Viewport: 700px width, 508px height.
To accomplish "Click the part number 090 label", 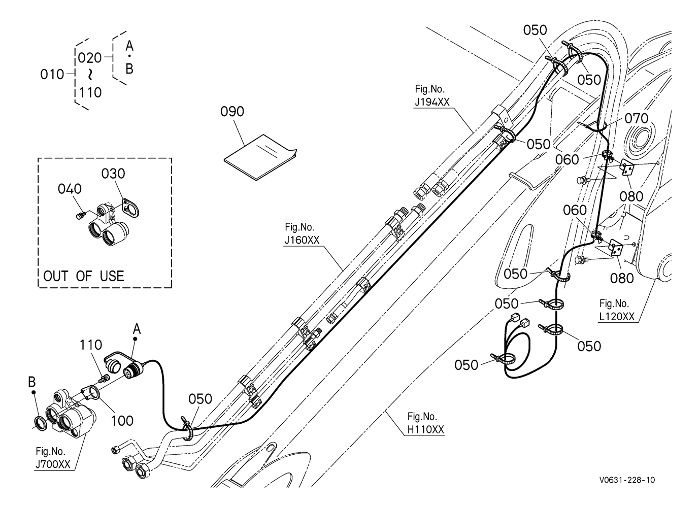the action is point(232,112).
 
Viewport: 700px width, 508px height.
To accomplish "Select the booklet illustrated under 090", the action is point(260,157).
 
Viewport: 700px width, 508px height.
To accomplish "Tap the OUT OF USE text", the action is point(84,276).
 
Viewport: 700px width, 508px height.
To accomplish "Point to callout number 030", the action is point(113,174).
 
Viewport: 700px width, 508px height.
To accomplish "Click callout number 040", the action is point(70,189).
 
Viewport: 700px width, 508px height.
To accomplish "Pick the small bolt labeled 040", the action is point(80,215).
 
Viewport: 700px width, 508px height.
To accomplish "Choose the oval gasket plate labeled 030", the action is point(130,207).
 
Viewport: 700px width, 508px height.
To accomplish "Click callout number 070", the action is point(637,119).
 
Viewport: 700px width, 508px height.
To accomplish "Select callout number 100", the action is point(122,421).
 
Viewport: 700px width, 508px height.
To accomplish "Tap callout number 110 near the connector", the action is point(91,345).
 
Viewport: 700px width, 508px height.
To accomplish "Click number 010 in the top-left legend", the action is point(52,75).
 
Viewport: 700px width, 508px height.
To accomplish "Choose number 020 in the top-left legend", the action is point(90,58).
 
